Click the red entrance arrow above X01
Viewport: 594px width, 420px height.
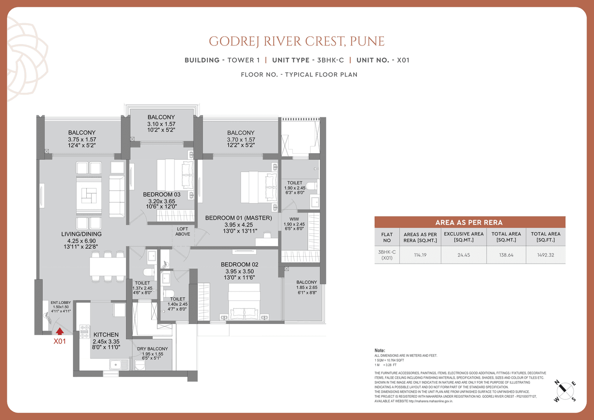click(60, 331)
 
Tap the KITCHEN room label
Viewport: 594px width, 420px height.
click(106, 335)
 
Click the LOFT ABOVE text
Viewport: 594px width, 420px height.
click(182, 231)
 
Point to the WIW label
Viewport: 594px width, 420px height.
click(294, 218)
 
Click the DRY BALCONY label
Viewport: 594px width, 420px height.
click(153, 349)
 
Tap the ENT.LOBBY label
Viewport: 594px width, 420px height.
click(60, 302)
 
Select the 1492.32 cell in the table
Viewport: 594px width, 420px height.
click(546, 255)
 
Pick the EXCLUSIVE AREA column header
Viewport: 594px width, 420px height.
click(464, 237)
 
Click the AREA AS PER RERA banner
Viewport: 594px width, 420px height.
click(470, 222)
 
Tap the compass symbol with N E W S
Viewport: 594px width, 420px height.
click(565, 390)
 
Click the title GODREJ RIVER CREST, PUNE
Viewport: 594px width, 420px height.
click(297, 41)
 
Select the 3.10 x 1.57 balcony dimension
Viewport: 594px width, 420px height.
click(161, 124)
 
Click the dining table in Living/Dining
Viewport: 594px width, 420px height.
click(107, 267)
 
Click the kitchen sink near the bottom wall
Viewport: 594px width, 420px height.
click(119, 365)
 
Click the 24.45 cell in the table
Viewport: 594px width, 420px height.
click(464, 255)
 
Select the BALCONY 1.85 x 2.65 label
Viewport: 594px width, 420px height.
click(307, 284)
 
